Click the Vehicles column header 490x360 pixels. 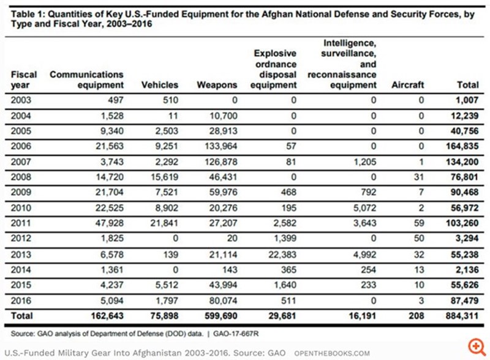[x=160, y=85]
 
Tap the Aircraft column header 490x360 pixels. [x=407, y=85]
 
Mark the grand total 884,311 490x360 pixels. [x=461, y=317]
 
